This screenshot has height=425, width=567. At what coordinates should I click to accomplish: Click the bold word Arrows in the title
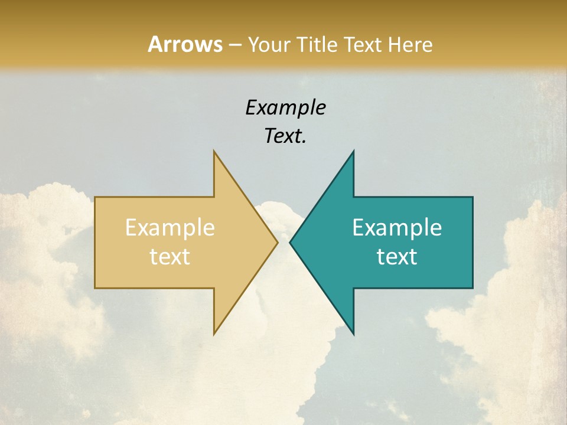coord(184,44)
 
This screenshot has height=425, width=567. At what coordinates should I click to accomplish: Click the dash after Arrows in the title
coord(234,45)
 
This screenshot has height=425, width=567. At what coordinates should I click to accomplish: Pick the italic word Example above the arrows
coord(285,108)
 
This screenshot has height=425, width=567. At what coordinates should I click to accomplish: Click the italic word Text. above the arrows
coord(285,136)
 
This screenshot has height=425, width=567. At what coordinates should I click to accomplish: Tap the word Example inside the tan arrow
coord(170,227)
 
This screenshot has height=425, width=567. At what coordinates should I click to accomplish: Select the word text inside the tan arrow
coord(170,256)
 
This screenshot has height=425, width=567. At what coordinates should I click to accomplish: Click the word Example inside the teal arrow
coord(397,227)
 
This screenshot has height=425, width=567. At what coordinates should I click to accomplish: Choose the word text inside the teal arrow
coord(397,256)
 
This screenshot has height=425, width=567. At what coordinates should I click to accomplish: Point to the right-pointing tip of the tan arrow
coord(278,242)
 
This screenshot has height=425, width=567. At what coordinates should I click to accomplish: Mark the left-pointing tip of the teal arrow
coord(290,242)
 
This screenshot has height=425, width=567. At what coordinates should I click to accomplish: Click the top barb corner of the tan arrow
coord(214,151)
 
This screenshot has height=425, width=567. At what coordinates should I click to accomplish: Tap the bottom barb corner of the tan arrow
coord(214,334)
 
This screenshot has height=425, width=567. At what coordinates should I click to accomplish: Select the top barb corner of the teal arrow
coord(353,151)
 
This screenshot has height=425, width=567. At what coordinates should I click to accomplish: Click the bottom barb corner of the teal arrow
coord(353,334)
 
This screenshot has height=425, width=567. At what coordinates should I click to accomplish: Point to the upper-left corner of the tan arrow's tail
coord(95,197)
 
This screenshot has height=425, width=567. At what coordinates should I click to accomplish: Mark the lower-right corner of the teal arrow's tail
coord(472,288)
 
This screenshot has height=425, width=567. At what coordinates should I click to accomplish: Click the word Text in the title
coord(361,44)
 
